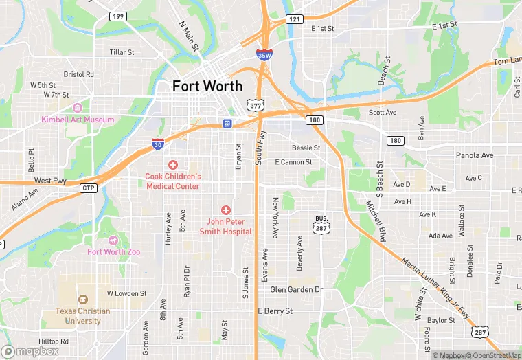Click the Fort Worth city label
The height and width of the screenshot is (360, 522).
207,86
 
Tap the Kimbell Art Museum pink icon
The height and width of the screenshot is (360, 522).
77,107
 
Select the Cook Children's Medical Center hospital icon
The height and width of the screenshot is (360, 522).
172,165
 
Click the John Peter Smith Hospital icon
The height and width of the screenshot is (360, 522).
225,210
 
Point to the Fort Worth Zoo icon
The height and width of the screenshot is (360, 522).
113,240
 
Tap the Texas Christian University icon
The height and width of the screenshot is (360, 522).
83,300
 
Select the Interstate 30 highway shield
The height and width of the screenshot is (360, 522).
158,144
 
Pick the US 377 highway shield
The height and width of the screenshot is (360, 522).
256,105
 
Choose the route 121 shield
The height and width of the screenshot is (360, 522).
294,19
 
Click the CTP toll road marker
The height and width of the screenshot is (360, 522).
89,188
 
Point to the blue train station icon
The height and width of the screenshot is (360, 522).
226,124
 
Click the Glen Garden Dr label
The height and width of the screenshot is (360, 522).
296,289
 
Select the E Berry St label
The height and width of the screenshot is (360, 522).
275,311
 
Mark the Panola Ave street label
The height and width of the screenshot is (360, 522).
475,155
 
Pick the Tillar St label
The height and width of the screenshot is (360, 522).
122,52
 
